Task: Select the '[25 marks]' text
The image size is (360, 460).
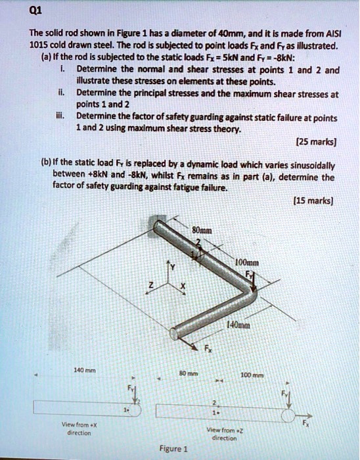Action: tap(319, 142)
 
